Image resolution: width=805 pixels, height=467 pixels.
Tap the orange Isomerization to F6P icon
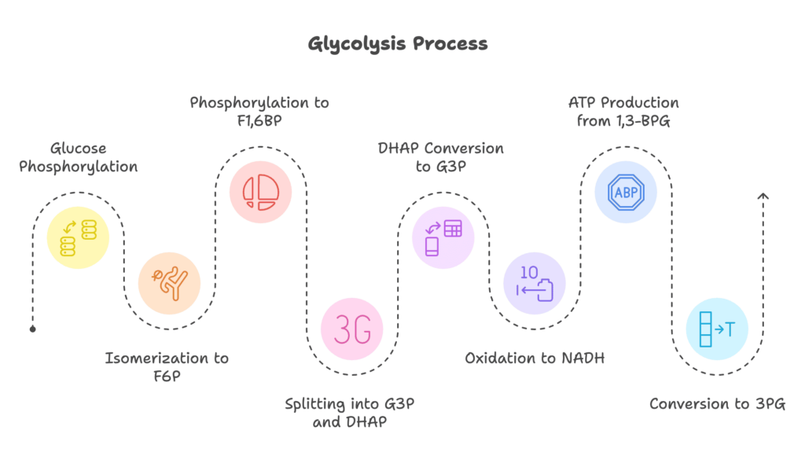169,283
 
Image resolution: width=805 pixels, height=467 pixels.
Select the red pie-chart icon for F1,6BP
260,191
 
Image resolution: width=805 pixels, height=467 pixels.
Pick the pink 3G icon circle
351,329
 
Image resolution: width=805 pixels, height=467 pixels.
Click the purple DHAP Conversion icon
443,237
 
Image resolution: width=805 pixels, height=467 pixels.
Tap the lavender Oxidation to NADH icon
535,283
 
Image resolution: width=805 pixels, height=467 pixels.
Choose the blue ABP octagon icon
626,191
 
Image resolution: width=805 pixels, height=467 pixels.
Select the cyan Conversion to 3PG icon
717,329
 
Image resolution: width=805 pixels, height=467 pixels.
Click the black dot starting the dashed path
32,329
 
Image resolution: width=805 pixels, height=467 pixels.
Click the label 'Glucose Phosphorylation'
78,157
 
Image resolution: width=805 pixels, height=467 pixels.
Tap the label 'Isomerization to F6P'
167,367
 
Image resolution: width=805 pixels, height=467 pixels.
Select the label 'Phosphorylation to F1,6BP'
259,112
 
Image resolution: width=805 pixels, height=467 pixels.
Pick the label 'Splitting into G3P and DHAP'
350,413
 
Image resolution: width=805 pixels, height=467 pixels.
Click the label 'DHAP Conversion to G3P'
442,157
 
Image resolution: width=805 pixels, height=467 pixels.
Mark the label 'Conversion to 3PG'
717,404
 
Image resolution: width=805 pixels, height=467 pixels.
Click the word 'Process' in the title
450,43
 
